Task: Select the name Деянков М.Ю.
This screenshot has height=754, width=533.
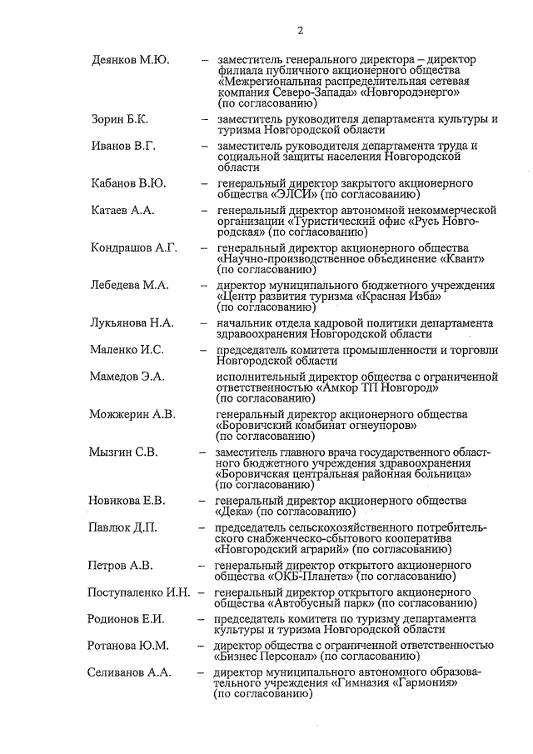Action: pyautogui.click(x=130, y=60)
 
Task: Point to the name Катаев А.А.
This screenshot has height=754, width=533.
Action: pyautogui.click(x=122, y=211)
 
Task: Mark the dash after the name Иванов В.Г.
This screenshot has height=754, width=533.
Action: pyautogui.click(x=204, y=147)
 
